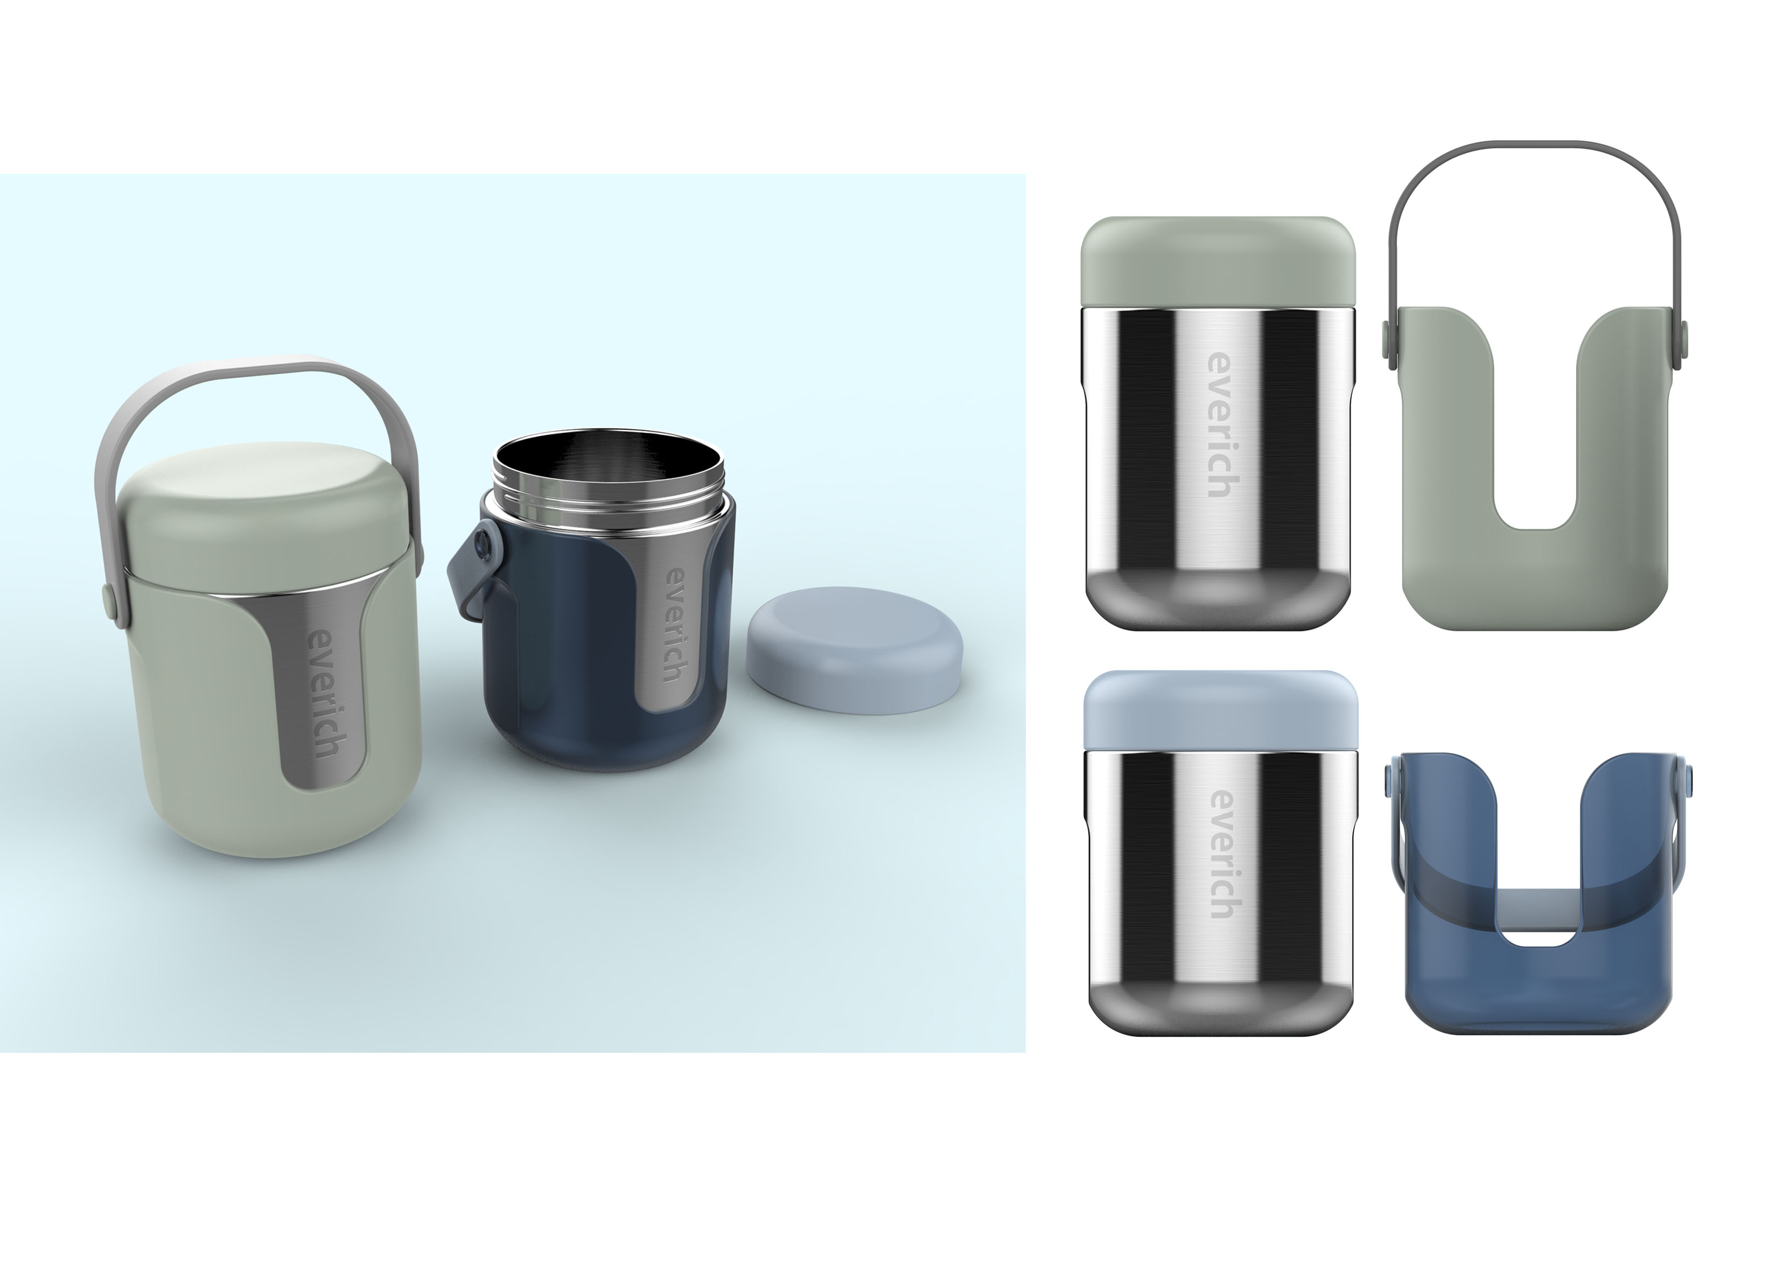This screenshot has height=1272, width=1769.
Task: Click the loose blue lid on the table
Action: (854, 649)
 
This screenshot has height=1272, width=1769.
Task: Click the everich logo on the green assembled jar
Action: (322, 693)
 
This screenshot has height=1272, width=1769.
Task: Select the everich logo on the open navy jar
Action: (674, 625)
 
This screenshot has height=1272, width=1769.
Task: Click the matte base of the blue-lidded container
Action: (1221, 1010)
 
